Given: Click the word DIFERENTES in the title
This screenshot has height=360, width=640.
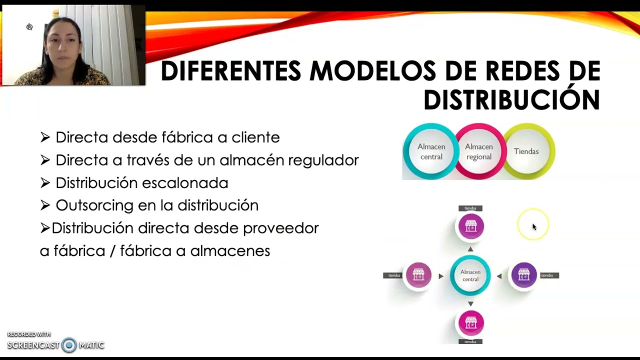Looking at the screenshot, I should pos(230,70).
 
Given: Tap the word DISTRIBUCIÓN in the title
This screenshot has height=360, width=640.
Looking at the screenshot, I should pos(511,100).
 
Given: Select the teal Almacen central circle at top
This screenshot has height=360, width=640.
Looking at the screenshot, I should pos(431,151).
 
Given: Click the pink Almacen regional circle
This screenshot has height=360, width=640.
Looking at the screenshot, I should pos(478,151).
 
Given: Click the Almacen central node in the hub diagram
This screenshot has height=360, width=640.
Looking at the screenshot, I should pos(470,275).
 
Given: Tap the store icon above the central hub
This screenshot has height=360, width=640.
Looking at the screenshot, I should pos(470,226).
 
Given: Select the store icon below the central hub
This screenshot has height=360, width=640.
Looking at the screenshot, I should pos(470,322).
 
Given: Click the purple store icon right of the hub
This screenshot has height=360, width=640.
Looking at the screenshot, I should pos(523,275).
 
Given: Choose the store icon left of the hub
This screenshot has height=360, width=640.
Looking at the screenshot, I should pos(418,275).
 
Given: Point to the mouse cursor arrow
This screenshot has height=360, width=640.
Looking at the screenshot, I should pos(534,226).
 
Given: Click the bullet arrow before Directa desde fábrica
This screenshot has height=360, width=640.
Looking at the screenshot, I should pos(45,137).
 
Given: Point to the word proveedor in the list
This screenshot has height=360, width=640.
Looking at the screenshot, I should pos(280,228).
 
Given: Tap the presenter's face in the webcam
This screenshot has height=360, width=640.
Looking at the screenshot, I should pos(63,43).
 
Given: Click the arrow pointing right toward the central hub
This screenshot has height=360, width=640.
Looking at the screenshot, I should pos(441,276).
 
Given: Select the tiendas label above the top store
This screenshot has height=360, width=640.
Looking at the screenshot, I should pos(470,208).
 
